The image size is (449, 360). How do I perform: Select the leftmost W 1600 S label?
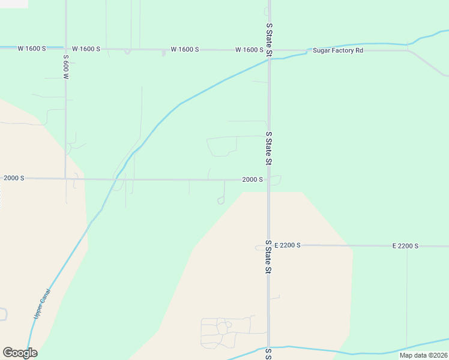32,48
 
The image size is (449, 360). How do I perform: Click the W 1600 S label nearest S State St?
250,50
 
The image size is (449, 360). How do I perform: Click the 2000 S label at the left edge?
14,178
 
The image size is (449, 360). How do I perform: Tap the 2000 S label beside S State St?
253,179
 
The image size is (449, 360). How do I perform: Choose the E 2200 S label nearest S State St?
287,245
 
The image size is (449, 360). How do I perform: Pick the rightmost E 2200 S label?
405,246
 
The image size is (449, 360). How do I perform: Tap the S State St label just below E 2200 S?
269,257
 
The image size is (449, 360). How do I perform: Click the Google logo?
20,353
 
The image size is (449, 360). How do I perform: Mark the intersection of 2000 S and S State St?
269,179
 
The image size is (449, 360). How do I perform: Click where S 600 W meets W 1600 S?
65,48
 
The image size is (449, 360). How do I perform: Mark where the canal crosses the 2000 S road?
116,179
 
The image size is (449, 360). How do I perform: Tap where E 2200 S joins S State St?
269,245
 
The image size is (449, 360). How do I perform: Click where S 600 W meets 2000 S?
65,178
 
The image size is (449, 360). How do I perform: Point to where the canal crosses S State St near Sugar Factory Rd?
269,59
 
